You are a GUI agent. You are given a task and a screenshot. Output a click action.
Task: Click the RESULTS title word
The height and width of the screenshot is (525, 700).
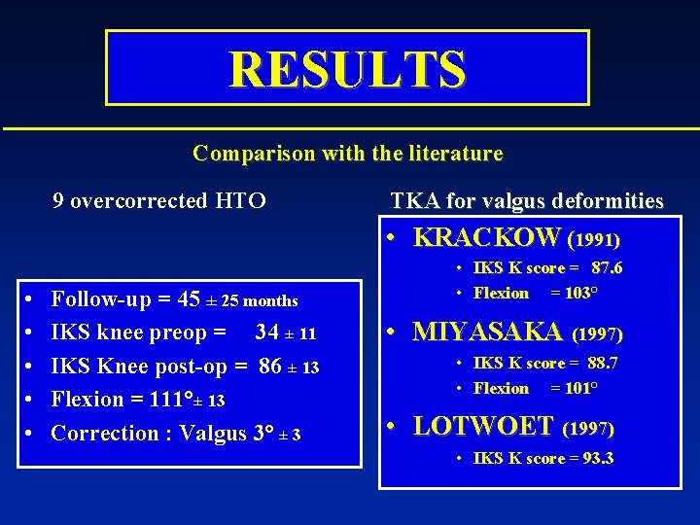tap(347, 69)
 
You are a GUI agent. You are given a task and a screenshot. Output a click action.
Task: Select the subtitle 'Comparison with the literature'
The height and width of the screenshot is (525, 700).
tap(347, 153)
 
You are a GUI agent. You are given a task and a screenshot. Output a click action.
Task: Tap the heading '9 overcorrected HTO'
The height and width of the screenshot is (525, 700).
tap(158, 201)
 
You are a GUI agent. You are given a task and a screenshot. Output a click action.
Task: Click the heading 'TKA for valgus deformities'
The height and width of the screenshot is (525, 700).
tap(527, 201)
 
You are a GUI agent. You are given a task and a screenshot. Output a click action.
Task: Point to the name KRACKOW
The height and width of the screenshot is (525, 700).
tap(487, 237)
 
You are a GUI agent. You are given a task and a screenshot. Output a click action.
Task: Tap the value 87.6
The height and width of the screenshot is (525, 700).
tap(607, 268)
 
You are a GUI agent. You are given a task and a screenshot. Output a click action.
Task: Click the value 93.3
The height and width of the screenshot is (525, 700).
tap(595, 458)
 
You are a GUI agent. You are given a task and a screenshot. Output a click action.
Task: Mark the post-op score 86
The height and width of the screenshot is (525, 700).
tap(271, 367)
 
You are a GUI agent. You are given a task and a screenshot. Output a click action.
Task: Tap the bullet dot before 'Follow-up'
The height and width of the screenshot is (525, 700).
tap(30, 300)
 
